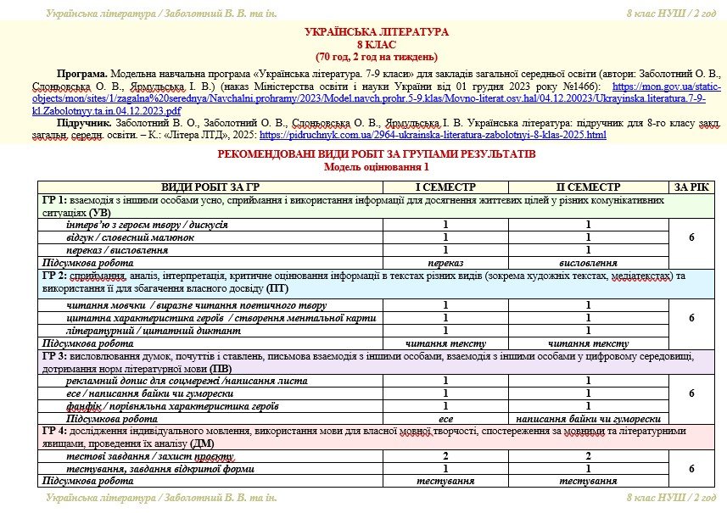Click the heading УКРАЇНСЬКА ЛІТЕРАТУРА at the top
click(376, 32)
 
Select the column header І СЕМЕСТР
click(445, 187)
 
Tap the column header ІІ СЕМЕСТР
click(587, 187)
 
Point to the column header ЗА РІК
click(691, 187)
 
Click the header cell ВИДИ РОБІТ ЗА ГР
click(210, 187)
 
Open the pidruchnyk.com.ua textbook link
click(433, 135)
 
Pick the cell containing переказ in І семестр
click(445, 264)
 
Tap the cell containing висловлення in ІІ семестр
click(587, 264)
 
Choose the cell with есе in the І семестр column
click(445, 419)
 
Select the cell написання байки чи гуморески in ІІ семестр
click(587, 419)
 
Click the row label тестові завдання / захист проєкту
click(137, 457)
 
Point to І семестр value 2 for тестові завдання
click(445, 457)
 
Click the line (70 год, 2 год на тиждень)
click(376, 57)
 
